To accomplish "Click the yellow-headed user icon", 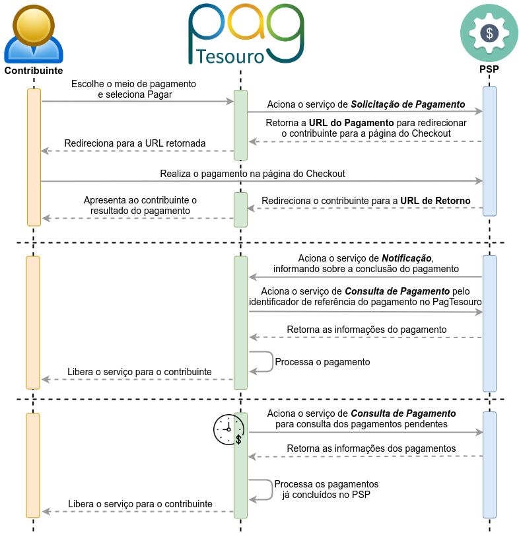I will (33, 34).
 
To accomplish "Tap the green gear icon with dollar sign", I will (489, 33).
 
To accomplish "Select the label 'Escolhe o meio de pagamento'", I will (135, 84).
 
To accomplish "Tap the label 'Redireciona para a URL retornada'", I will (135, 143).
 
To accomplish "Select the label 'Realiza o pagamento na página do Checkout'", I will (253, 174).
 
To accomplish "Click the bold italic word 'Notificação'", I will (407, 258).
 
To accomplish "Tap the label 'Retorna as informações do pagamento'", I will (367, 329).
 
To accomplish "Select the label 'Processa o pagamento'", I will (322, 362).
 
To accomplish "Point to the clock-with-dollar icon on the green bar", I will (239, 429).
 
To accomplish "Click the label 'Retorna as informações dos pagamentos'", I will (371, 448).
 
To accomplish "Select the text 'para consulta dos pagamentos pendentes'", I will (361, 423).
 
